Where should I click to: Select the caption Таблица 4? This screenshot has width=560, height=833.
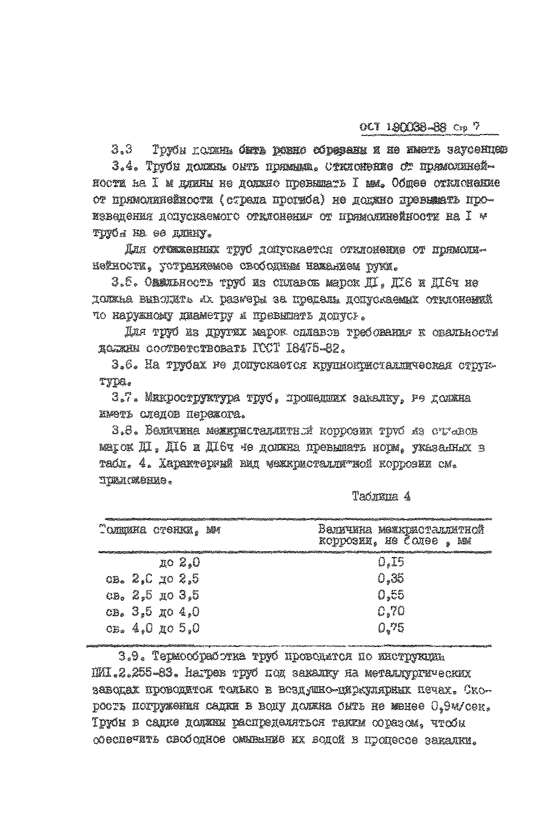[x=381, y=496]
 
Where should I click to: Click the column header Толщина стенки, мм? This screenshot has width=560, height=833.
[x=160, y=530]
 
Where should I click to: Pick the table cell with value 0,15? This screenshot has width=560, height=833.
[x=391, y=562]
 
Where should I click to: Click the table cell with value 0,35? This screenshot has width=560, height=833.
[x=391, y=578]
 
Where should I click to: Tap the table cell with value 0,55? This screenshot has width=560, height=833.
[x=391, y=594]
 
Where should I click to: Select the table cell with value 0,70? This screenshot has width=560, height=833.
[x=391, y=611]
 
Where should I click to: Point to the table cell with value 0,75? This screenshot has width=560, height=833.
[x=391, y=628]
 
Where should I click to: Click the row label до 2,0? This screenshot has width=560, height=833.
[x=179, y=562]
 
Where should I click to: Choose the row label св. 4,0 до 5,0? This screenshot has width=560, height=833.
[x=153, y=629]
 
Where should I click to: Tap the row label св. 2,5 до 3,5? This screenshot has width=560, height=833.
[x=153, y=595]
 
